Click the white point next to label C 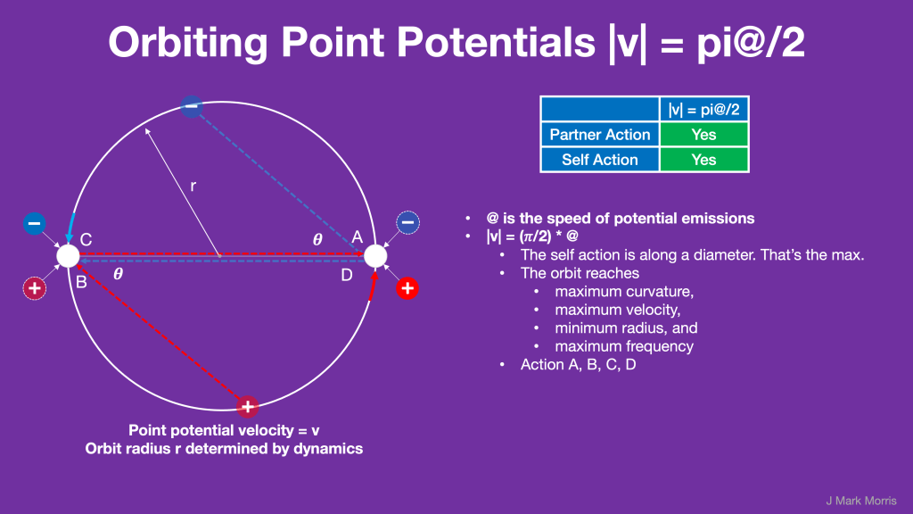point(68,256)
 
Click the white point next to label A point(375,256)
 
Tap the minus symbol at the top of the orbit point(191,106)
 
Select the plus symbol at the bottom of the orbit point(248,406)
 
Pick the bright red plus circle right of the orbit point(407,288)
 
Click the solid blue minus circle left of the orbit point(35,223)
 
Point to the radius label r point(193,186)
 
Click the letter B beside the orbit point(81,282)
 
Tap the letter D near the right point point(347,275)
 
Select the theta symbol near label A point(317,239)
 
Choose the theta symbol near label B point(119,274)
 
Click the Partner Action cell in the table point(600,135)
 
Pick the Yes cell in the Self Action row point(703,160)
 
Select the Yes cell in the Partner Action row point(703,135)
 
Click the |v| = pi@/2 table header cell point(703,110)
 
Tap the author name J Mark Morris point(861,501)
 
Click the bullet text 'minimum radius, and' point(626,328)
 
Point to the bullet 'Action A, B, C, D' point(578,365)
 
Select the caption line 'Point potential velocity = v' point(224,431)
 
